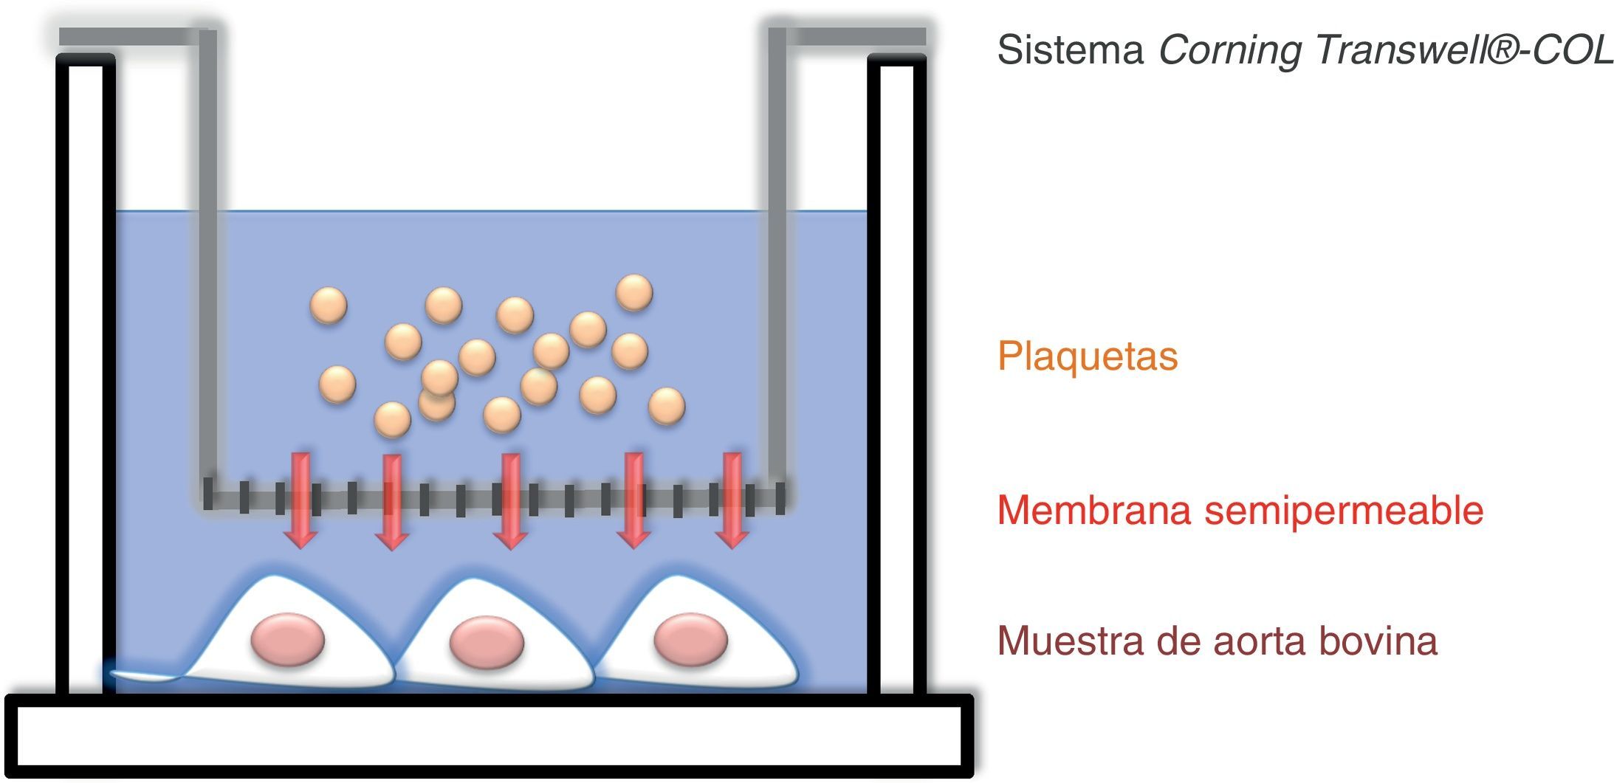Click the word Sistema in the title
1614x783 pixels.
[1070, 50]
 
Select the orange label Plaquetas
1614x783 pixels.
[1087, 356]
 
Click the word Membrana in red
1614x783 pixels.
[1093, 510]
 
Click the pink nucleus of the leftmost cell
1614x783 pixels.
[287, 639]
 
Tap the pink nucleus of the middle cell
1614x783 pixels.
[487, 641]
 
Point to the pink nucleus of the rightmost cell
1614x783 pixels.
[690, 638]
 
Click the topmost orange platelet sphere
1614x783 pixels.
[634, 292]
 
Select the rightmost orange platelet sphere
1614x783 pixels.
[666, 406]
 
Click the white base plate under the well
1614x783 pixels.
[487, 737]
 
